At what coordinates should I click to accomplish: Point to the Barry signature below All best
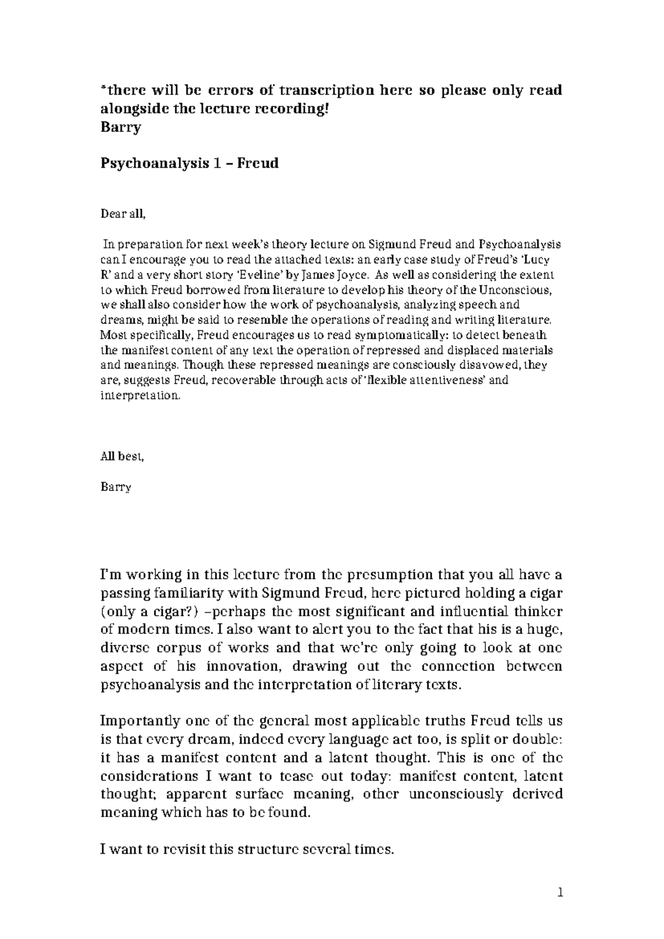point(116,487)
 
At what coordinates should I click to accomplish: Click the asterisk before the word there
point(102,89)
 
